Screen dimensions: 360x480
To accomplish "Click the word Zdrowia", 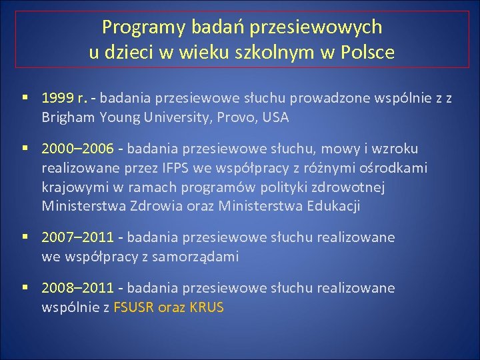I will [x=164, y=206].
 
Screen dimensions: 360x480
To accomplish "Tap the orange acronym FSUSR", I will [x=135, y=307].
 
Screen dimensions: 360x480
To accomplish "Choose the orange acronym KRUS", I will [x=206, y=307].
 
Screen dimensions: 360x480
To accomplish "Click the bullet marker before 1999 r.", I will [x=25, y=99].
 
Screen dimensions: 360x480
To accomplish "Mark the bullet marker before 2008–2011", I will [x=25, y=288].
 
